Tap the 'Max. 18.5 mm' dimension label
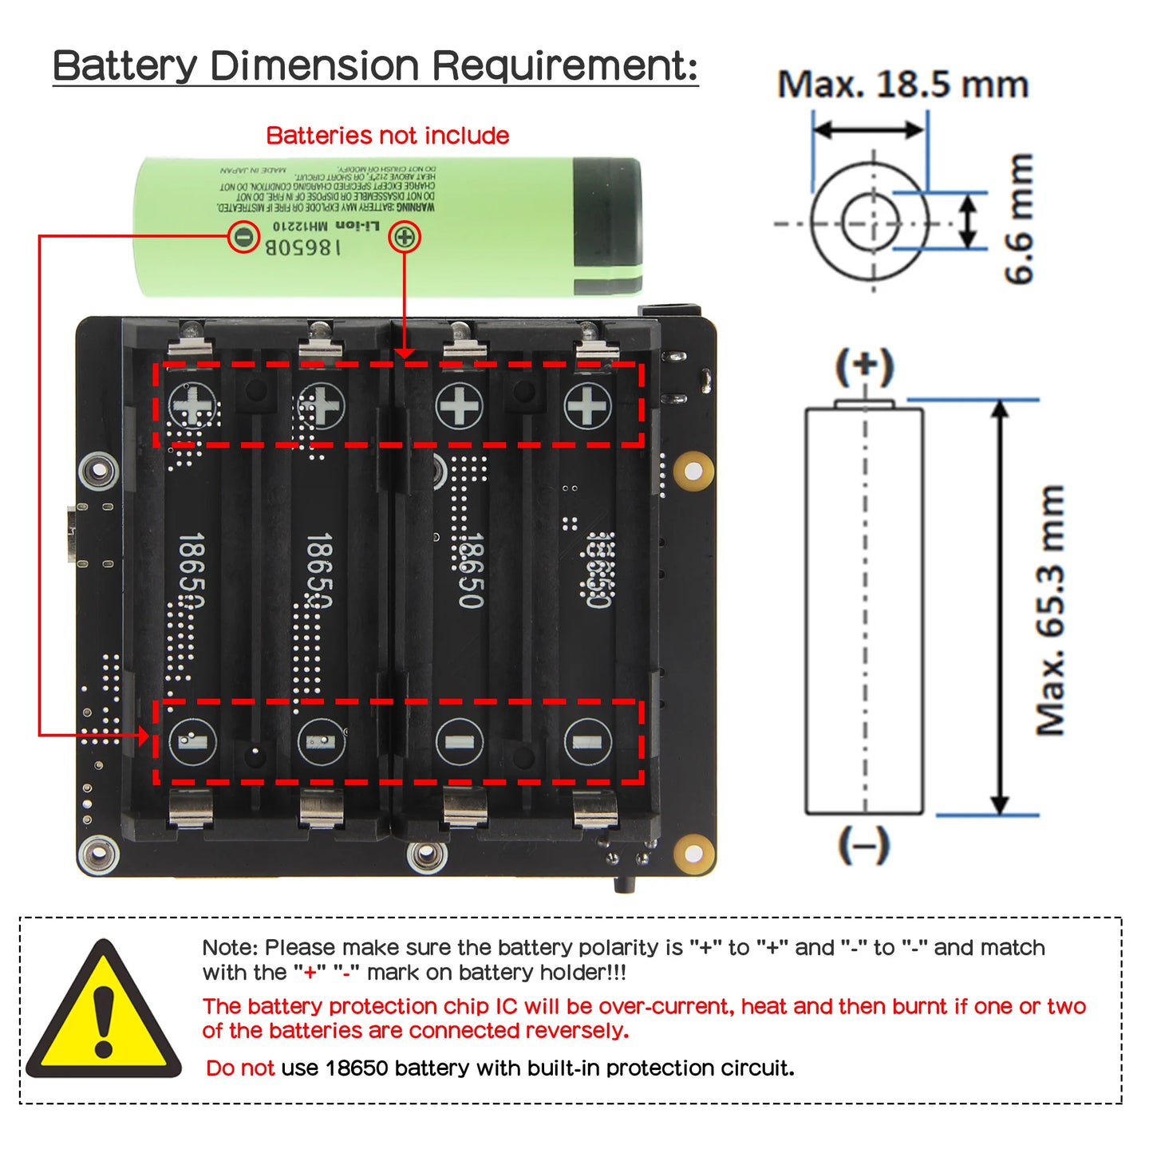pyautogui.click(x=902, y=85)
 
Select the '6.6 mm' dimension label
pyautogui.click(x=1019, y=219)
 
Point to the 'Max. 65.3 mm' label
pyautogui.click(x=1051, y=610)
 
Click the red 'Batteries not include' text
pyautogui.click(x=387, y=136)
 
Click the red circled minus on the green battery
pyautogui.click(x=243, y=237)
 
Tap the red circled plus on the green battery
pyautogui.click(x=405, y=237)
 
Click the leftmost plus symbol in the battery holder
pyautogui.click(x=193, y=406)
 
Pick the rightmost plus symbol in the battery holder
pyautogui.click(x=587, y=406)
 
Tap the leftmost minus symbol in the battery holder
pyautogui.click(x=193, y=742)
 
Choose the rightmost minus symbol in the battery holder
pyautogui.click(x=587, y=742)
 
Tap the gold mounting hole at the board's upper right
pyautogui.click(x=693, y=472)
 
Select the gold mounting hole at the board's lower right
pyautogui.click(x=693, y=855)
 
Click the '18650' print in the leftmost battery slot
pyautogui.click(x=192, y=570)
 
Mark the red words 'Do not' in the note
pyautogui.click(x=239, y=1068)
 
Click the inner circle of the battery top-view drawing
pyautogui.click(x=871, y=223)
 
